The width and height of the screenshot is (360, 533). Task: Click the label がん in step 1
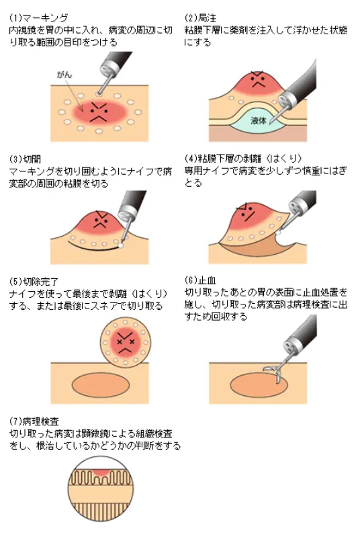point(64,75)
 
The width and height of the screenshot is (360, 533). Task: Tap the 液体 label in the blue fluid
point(259,120)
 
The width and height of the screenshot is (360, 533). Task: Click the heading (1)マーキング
point(39,18)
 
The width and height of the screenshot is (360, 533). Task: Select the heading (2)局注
point(200,18)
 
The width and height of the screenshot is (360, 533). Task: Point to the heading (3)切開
point(25,159)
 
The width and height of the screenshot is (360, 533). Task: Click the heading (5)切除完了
point(34,282)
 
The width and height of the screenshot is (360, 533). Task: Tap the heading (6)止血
point(200,280)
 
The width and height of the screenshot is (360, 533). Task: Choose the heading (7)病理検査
point(34,421)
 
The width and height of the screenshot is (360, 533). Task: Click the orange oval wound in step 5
point(101,384)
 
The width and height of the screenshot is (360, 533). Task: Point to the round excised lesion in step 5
point(126,343)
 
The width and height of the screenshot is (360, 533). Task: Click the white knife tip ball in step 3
point(120,245)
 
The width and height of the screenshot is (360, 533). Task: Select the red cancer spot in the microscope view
point(100,473)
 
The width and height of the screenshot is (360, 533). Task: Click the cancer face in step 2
point(258,81)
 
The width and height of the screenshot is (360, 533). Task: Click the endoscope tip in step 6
point(293,345)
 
